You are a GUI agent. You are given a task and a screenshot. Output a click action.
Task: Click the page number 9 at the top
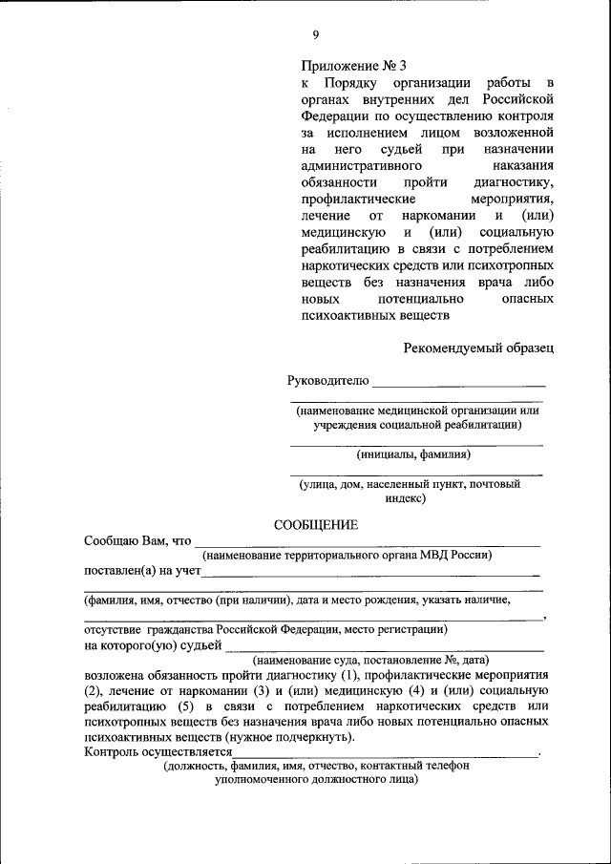point(315,35)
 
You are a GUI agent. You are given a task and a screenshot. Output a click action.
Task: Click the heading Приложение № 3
point(353,67)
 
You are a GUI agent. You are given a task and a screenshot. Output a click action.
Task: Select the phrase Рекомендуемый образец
point(477,349)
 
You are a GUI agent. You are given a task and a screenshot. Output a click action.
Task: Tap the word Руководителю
point(327,381)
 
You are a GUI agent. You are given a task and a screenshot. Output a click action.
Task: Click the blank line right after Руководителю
point(458,384)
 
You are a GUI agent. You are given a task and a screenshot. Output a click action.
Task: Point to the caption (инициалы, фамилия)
point(414,454)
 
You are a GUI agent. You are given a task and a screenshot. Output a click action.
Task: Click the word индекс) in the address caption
point(406,498)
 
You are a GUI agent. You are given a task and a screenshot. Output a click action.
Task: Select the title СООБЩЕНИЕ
point(316,525)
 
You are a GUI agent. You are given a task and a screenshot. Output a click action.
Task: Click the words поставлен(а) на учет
point(142,571)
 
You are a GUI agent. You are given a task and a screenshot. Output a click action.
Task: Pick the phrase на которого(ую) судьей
point(153,645)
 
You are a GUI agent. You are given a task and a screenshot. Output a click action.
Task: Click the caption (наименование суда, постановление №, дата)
point(370,660)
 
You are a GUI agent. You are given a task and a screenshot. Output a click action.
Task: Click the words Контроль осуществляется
point(158,751)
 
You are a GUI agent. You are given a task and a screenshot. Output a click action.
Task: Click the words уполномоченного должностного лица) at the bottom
point(316,779)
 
